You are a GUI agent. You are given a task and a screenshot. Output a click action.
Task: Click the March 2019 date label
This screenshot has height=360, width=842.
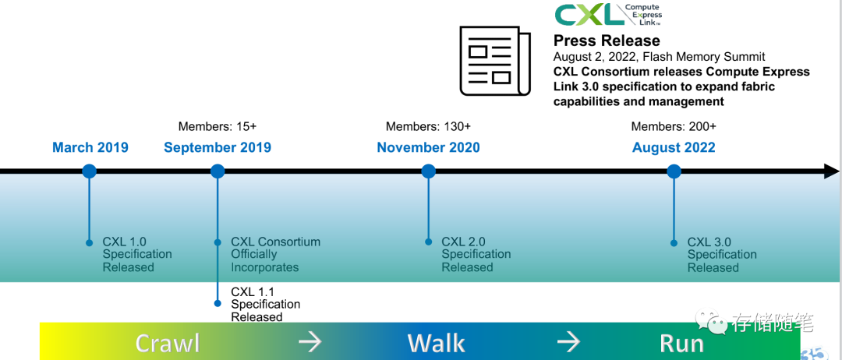(x=90, y=147)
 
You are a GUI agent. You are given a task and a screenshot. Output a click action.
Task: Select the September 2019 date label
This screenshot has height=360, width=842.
(x=218, y=147)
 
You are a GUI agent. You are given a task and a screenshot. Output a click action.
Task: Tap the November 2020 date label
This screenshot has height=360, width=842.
(x=429, y=147)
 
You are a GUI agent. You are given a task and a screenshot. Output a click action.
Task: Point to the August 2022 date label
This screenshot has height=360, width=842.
(x=674, y=147)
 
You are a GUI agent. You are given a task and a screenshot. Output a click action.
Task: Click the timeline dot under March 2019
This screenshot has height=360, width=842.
(x=89, y=171)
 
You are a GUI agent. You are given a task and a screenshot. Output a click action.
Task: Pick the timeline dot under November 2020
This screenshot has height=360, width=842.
(x=429, y=171)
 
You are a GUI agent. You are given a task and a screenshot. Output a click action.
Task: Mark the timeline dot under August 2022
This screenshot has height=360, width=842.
(x=674, y=171)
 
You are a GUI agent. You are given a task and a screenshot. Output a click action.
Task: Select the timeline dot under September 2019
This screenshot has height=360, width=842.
(x=218, y=171)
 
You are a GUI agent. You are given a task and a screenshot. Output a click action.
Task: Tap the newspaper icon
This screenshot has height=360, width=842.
(x=494, y=61)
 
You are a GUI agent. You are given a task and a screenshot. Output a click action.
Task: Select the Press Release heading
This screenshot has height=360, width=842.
(x=607, y=41)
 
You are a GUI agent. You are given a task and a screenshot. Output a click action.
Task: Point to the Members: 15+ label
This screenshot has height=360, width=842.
(x=218, y=126)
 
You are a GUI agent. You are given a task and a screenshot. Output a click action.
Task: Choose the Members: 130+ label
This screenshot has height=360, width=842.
(x=429, y=126)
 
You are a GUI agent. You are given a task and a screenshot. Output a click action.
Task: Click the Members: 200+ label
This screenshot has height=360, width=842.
(x=674, y=126)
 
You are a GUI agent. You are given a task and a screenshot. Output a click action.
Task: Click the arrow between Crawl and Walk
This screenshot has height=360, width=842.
(x=310, y=342)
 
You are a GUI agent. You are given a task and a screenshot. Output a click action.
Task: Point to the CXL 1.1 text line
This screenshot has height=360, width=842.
(x=253, y=292)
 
